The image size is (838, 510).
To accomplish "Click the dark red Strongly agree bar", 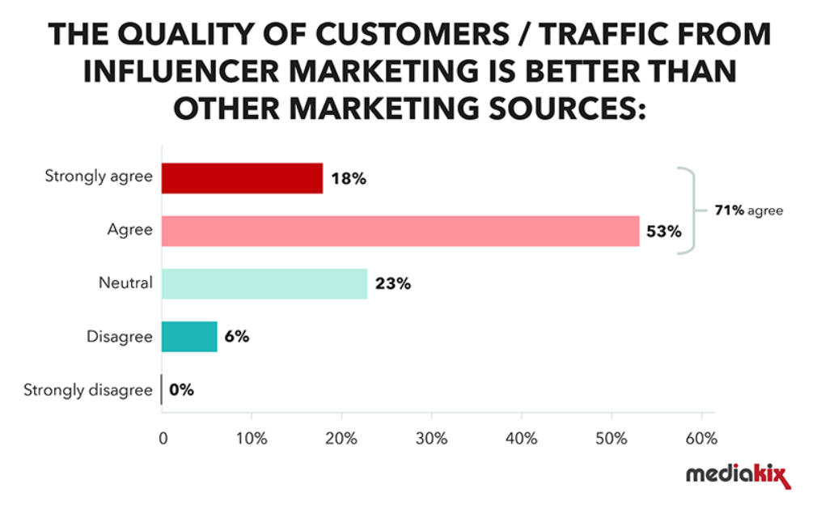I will tap(242, 178).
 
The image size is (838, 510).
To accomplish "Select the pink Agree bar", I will tap(400, 231).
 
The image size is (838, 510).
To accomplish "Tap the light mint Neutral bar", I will tap(265, 284).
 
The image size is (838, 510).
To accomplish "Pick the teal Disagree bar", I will tap(189, 337).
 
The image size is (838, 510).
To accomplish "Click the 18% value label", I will tap(349, 179).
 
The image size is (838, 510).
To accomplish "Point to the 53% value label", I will tap(664, 232).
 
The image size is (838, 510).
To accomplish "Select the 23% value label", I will tap(393, 285).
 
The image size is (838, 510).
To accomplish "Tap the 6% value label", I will tap(236, 338).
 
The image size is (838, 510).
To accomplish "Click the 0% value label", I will tap(182, 390).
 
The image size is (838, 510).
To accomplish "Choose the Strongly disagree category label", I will tap(87, 390).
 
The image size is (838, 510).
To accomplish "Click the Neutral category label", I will tap(125, 284).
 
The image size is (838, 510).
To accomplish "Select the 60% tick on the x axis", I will tap(700, 439).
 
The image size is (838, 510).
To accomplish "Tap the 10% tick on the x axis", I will tap(252, 439).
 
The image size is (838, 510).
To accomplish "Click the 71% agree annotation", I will tap(748, 210).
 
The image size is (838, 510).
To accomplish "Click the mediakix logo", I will tap(738, 476).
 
